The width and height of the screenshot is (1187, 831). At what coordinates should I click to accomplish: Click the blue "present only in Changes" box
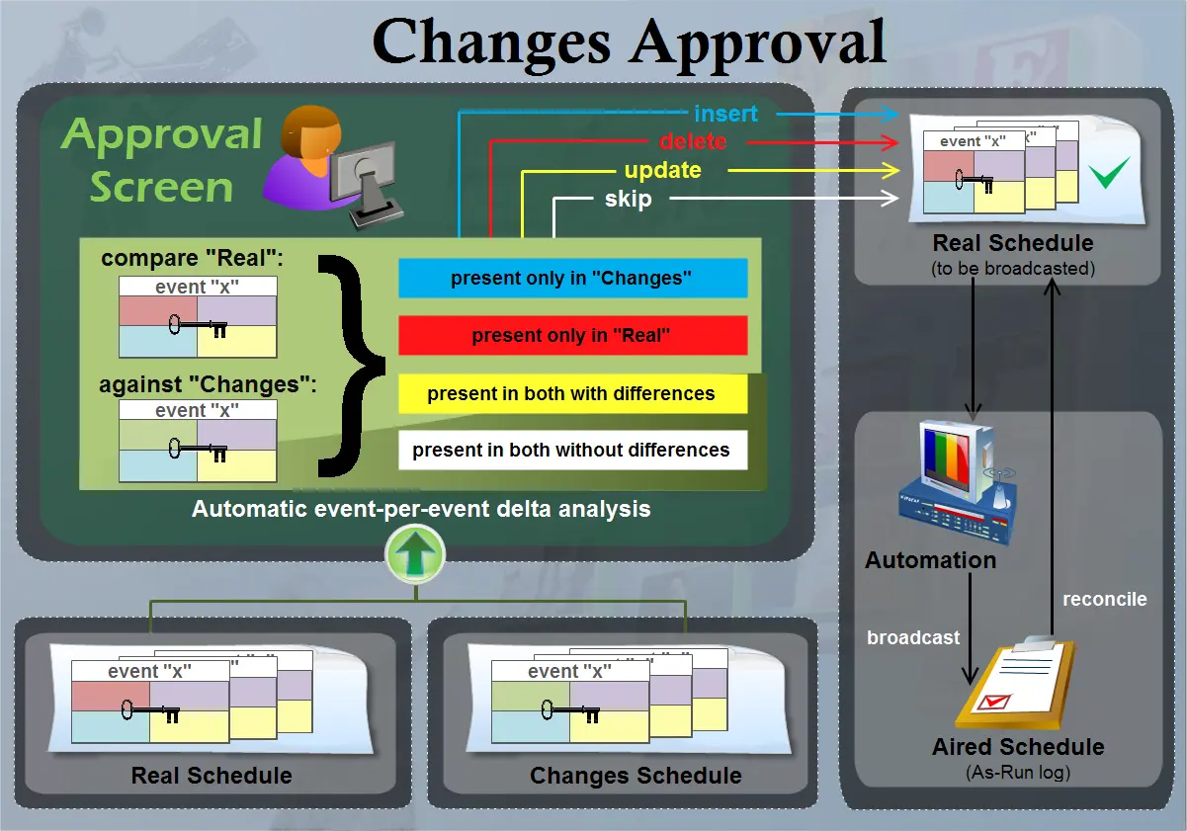click(572, 279)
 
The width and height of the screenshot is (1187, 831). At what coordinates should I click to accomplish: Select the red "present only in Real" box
click(572, 336)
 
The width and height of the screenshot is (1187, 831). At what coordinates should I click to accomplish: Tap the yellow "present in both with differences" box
click(572, 393)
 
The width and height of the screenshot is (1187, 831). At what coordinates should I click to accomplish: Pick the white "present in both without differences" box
click(572, 451)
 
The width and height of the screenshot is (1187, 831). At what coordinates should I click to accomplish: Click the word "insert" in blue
click(725, 114)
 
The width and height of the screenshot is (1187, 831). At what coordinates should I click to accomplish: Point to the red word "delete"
click(693, 141)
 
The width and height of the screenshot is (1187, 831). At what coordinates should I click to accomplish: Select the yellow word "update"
click(662, 170)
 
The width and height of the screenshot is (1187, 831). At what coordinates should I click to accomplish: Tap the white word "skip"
click(628, 199)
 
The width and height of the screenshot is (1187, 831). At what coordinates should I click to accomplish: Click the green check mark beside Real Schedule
click(1109, 176)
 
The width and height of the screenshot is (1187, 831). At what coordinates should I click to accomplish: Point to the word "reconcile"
click(1104, 599)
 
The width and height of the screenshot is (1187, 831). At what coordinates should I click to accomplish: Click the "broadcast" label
click(913, 637)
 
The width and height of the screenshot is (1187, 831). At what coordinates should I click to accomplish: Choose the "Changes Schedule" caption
click(636, 776)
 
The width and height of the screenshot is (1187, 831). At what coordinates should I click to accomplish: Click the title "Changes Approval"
click(630, 42)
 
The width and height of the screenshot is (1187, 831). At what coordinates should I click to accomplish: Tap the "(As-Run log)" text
click(1018, 772)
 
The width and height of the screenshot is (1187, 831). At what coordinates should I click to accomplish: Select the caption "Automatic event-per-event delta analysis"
click(421, 509)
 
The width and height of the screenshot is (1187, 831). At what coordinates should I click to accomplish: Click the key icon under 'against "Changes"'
click(198, 450)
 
